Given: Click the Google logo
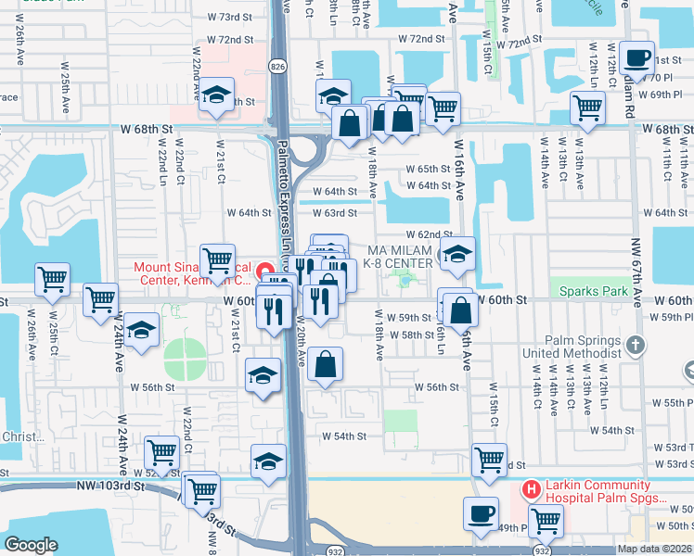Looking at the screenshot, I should (x=31, y=546).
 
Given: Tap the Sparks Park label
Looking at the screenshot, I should (x=594, y=291).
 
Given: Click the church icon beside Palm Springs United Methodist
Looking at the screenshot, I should (x=635, y=346).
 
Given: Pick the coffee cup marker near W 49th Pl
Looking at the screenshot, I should (x=481, y=514).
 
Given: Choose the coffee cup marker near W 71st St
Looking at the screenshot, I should (x=636, y=59).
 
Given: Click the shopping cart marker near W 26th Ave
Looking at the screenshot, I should (x=52, y=278).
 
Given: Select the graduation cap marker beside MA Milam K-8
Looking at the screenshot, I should (x=457, y=255).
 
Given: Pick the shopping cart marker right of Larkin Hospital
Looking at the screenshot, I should (x=546, y=520).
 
